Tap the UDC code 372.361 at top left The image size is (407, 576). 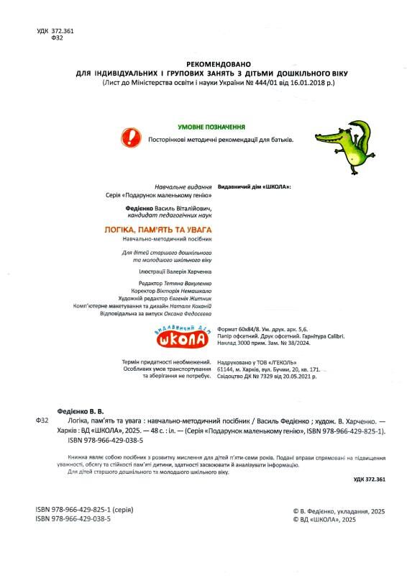(x=60, y=31)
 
